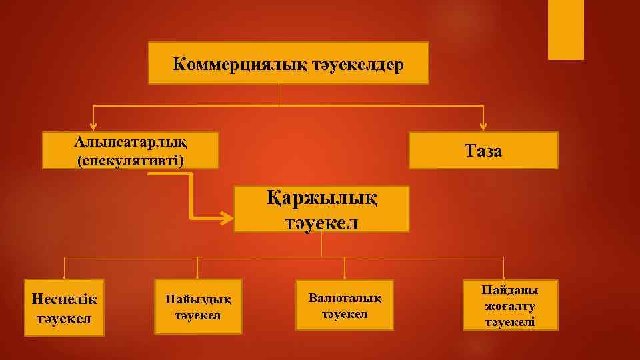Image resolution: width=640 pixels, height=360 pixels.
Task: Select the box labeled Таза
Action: pyautogui.click(x=483, y=151)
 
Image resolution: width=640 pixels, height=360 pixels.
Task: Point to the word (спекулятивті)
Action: pyautogui.click(x=131, y=160)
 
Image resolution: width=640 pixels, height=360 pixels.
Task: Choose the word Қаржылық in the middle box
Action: pyautogui.click(x=322, y=199)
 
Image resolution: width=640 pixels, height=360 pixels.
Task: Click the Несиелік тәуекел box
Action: pyautogui.click(x=64, y=307)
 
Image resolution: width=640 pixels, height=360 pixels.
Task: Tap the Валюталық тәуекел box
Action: pyautogui.click(x=345, y=305)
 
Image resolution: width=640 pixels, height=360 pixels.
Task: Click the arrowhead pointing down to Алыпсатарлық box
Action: pyautogui.click(x=93, y=125)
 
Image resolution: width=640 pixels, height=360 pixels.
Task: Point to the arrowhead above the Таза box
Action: pyautogui.click(x=483, y=125)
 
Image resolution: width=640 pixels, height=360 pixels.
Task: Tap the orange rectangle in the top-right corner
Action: pyautogui.click(x=565, y=30)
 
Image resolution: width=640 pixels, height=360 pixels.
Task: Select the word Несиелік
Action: pyautogui.click(x=64, y=297)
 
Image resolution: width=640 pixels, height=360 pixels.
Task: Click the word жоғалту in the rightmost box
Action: pyautogui.click(x=511, y=306)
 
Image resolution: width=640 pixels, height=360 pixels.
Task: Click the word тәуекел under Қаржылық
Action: pyautogui.click(x=322, y=221)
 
